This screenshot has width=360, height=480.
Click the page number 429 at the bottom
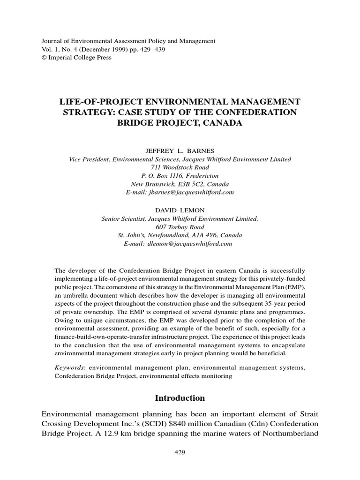tap(180, 452)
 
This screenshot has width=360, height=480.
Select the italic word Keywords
tap(70, 368)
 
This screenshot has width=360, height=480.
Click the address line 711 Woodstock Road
tap(180, 167)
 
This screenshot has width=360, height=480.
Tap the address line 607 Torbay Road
tap(180, 226)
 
